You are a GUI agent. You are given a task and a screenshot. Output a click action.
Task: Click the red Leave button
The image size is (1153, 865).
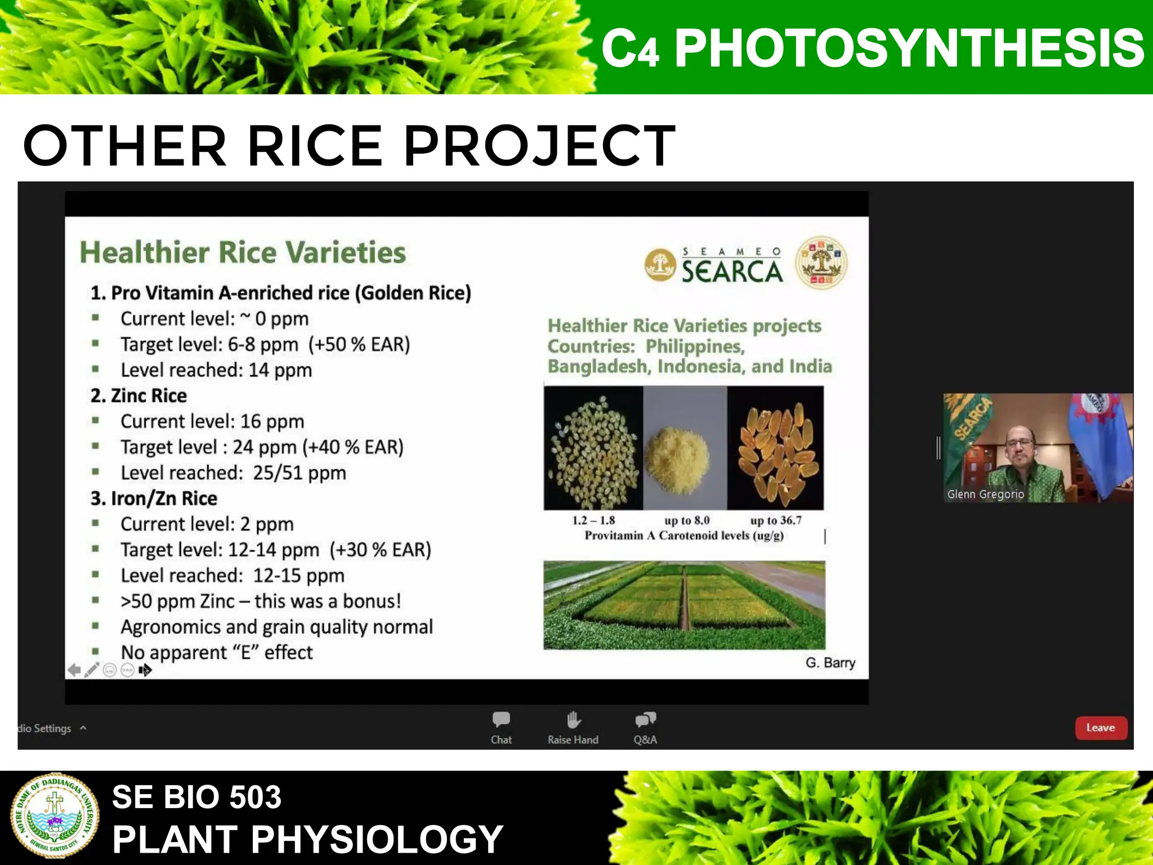[1101, 728]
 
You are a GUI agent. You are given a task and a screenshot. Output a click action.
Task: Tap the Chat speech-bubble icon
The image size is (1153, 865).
[501, 720]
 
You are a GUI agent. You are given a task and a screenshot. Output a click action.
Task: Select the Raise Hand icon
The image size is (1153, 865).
[573, 720]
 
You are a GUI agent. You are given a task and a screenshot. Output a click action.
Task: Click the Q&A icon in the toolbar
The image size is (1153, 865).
[645, 720]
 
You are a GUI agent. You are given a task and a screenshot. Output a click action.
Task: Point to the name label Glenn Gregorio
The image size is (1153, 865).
[985, 494]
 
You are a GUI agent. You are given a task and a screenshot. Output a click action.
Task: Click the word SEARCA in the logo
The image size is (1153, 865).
[732, 271]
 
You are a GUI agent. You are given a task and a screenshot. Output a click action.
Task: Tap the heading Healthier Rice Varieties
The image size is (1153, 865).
[243, 252]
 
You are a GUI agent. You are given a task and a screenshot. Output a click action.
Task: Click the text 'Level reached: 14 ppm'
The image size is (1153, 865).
[216, 370]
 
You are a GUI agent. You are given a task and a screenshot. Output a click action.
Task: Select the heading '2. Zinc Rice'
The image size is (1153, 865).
[138, 396]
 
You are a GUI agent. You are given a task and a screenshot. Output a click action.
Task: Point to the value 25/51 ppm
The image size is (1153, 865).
[299, 473]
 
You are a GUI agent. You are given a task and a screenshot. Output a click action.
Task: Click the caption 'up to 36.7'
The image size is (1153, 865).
[776, 520]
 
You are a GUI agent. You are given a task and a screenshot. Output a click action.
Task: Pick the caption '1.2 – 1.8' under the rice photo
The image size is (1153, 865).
[593, 520]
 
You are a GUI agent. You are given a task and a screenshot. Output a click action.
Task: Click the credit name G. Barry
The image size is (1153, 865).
[830, 663]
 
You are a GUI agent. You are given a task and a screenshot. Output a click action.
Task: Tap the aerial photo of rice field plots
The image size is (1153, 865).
[684, 605]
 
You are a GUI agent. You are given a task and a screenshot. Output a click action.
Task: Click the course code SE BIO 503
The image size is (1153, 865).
[196, 797]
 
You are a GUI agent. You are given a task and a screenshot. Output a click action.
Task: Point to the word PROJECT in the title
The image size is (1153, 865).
[539, 146]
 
